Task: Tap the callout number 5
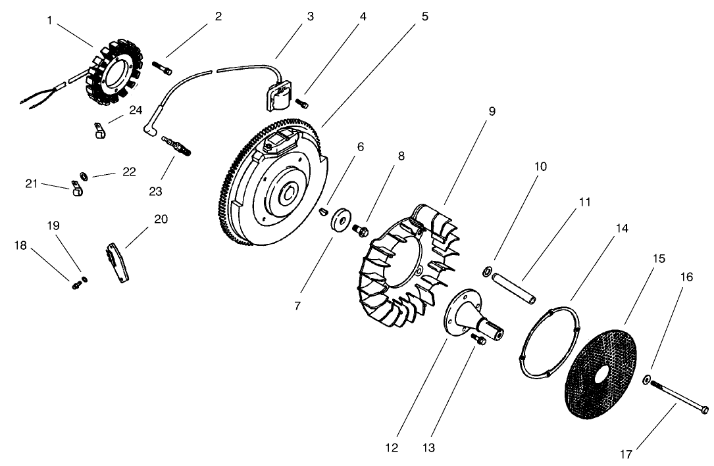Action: coord(424,16)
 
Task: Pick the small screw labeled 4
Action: coord(303,103)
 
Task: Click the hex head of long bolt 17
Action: coord(703,409)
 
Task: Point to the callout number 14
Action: coord(623,229)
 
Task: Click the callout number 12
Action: coord(392,449)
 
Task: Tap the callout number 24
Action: coord(135,110)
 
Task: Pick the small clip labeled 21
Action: coord(76,190)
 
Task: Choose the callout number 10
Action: coord(540,166)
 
